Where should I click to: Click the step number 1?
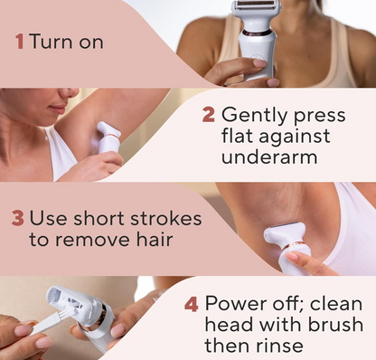(18, 42)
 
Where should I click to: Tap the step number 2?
(209, 116)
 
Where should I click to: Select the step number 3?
(17, 218)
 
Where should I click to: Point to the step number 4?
(191, 303)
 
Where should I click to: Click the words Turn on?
(66, 42)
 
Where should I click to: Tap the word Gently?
(257, 116)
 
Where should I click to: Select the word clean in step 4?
(340, 303)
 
